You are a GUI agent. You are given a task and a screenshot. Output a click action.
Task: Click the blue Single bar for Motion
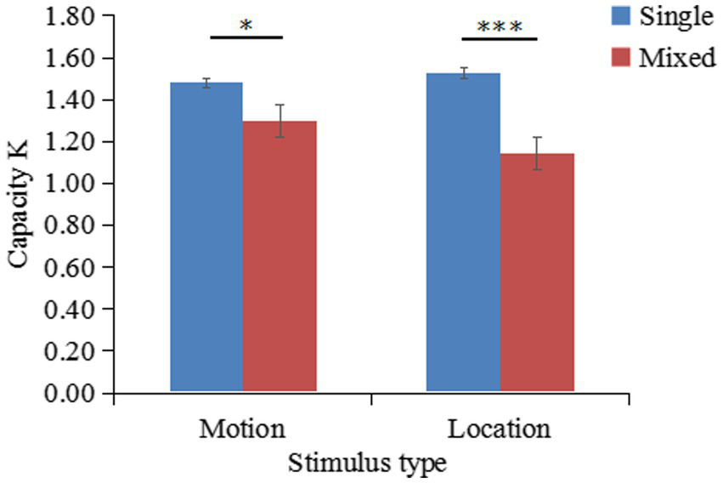[x=206, y=238]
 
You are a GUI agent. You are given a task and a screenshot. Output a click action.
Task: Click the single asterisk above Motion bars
[x=246, y=26]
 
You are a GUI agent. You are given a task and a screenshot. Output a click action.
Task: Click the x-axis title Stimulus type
[x=367, y=463]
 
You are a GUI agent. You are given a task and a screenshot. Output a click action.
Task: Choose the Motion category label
[x=242, y=428]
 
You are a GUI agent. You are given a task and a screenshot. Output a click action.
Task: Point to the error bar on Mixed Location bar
[x=537, y=153]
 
